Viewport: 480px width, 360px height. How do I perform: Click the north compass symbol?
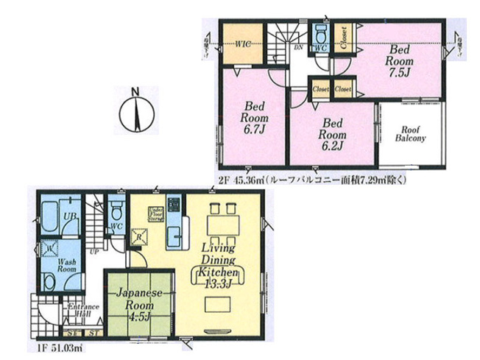[x=135, y=111]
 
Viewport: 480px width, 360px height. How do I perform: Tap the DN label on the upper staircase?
[x=299, y=46]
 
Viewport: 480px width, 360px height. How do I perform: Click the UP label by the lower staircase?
[x=93, y=252]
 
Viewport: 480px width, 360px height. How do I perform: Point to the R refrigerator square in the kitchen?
[x=138, y=237]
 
